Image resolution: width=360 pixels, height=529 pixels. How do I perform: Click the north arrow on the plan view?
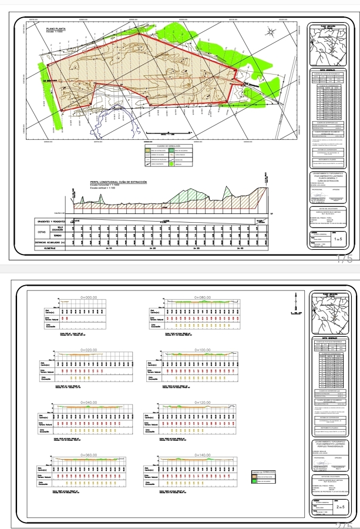coord(272,33)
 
